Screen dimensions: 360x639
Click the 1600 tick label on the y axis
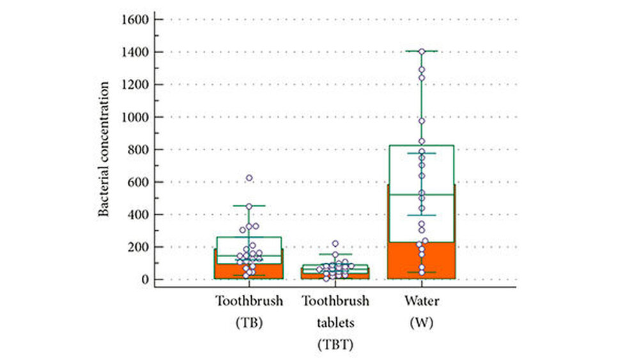[x=134, y=19]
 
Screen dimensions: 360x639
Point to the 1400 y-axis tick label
[x=134, y=52]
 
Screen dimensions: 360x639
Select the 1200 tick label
[x=134, y=84]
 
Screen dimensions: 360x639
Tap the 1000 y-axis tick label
[x=134, y=117]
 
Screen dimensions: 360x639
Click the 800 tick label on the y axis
[x=137, y=150]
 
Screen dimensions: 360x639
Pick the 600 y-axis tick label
[x=137, y=182]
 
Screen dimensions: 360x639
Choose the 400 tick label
[x=137, y=215]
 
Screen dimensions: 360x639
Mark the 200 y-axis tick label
[x=137, y=247]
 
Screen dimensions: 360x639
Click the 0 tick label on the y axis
[x=144, y=279]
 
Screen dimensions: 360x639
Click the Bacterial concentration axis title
[x=103, y=149]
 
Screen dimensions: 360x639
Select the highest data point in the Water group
[x=422, y=51]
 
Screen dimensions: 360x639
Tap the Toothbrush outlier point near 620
[x=249, y=178]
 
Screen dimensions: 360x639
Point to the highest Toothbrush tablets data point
[x=335, y=244]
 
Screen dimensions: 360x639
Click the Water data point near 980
[x=422, y=121]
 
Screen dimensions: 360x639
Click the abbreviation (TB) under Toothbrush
[x=248, y=323]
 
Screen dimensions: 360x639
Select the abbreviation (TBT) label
[x=335, y=345]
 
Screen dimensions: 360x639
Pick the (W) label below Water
[x=421, y=323]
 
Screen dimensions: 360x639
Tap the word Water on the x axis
[x=421, y=301]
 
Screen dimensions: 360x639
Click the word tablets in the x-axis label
[x=335, y=323]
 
